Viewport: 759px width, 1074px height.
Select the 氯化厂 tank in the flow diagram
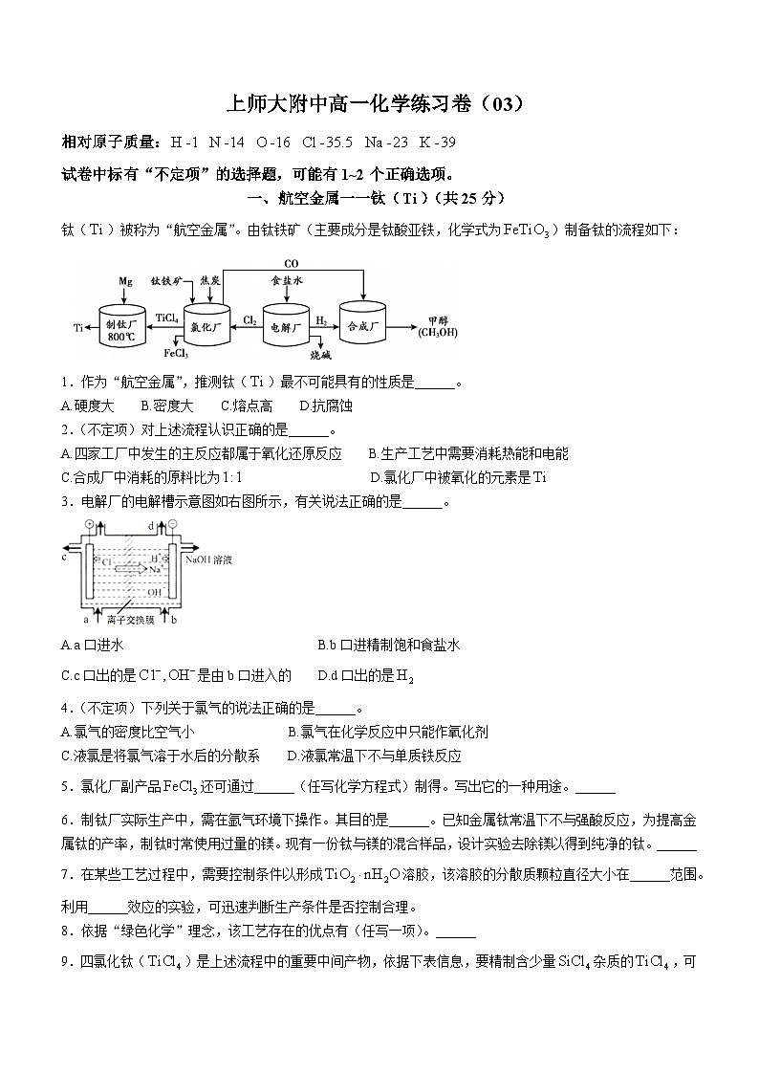(206, 327)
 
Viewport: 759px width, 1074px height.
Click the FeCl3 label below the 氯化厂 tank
(174, 352)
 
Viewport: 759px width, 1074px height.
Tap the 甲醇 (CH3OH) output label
(437, 326)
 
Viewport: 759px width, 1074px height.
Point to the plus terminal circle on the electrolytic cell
(90, 525)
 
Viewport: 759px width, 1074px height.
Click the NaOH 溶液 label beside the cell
(207, 559)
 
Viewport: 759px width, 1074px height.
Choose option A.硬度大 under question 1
(87, 406)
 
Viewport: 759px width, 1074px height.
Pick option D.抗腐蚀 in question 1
(326, 406)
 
